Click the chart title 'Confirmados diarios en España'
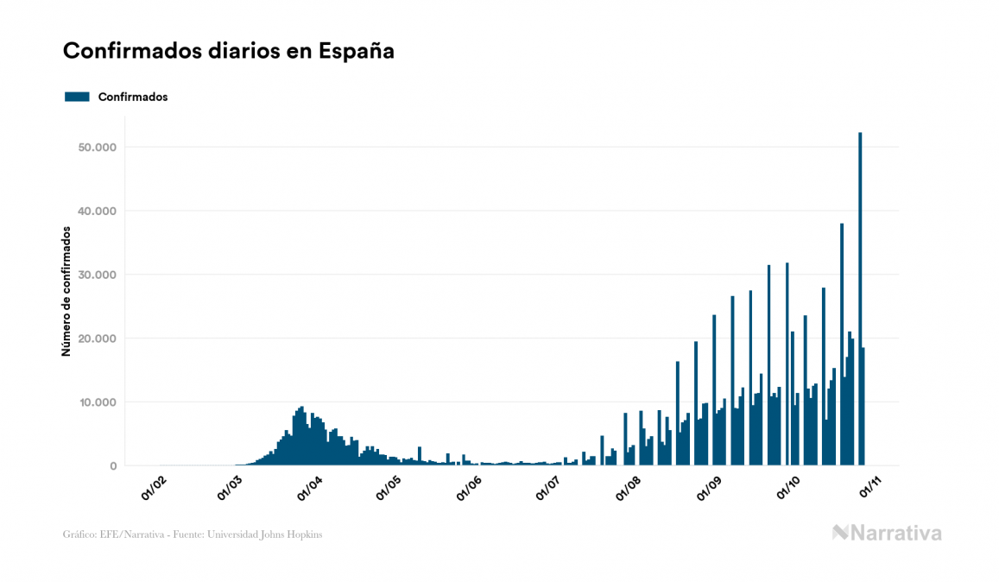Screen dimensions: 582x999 (x=228, y=51)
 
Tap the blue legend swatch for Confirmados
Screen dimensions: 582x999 (x=77, y=97)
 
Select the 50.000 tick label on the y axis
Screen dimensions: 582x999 (x=96, y=148)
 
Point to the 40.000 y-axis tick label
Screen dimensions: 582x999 (x=96, y=212)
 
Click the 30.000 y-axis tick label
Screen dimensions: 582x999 (x=96, y=275)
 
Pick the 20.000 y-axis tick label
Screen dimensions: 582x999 (x=96, y=338)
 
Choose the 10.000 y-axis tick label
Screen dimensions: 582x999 (x=96, y=402)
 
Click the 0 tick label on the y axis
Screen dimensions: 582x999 (x=112, y=466)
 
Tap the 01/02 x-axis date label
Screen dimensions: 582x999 (x=153, y=488)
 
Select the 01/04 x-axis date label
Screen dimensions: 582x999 (x=310, y=488)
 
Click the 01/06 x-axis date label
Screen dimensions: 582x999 (x=469, y=488)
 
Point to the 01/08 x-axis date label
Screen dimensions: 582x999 (x=628, y=488)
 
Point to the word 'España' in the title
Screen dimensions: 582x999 (x=357, y=51)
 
